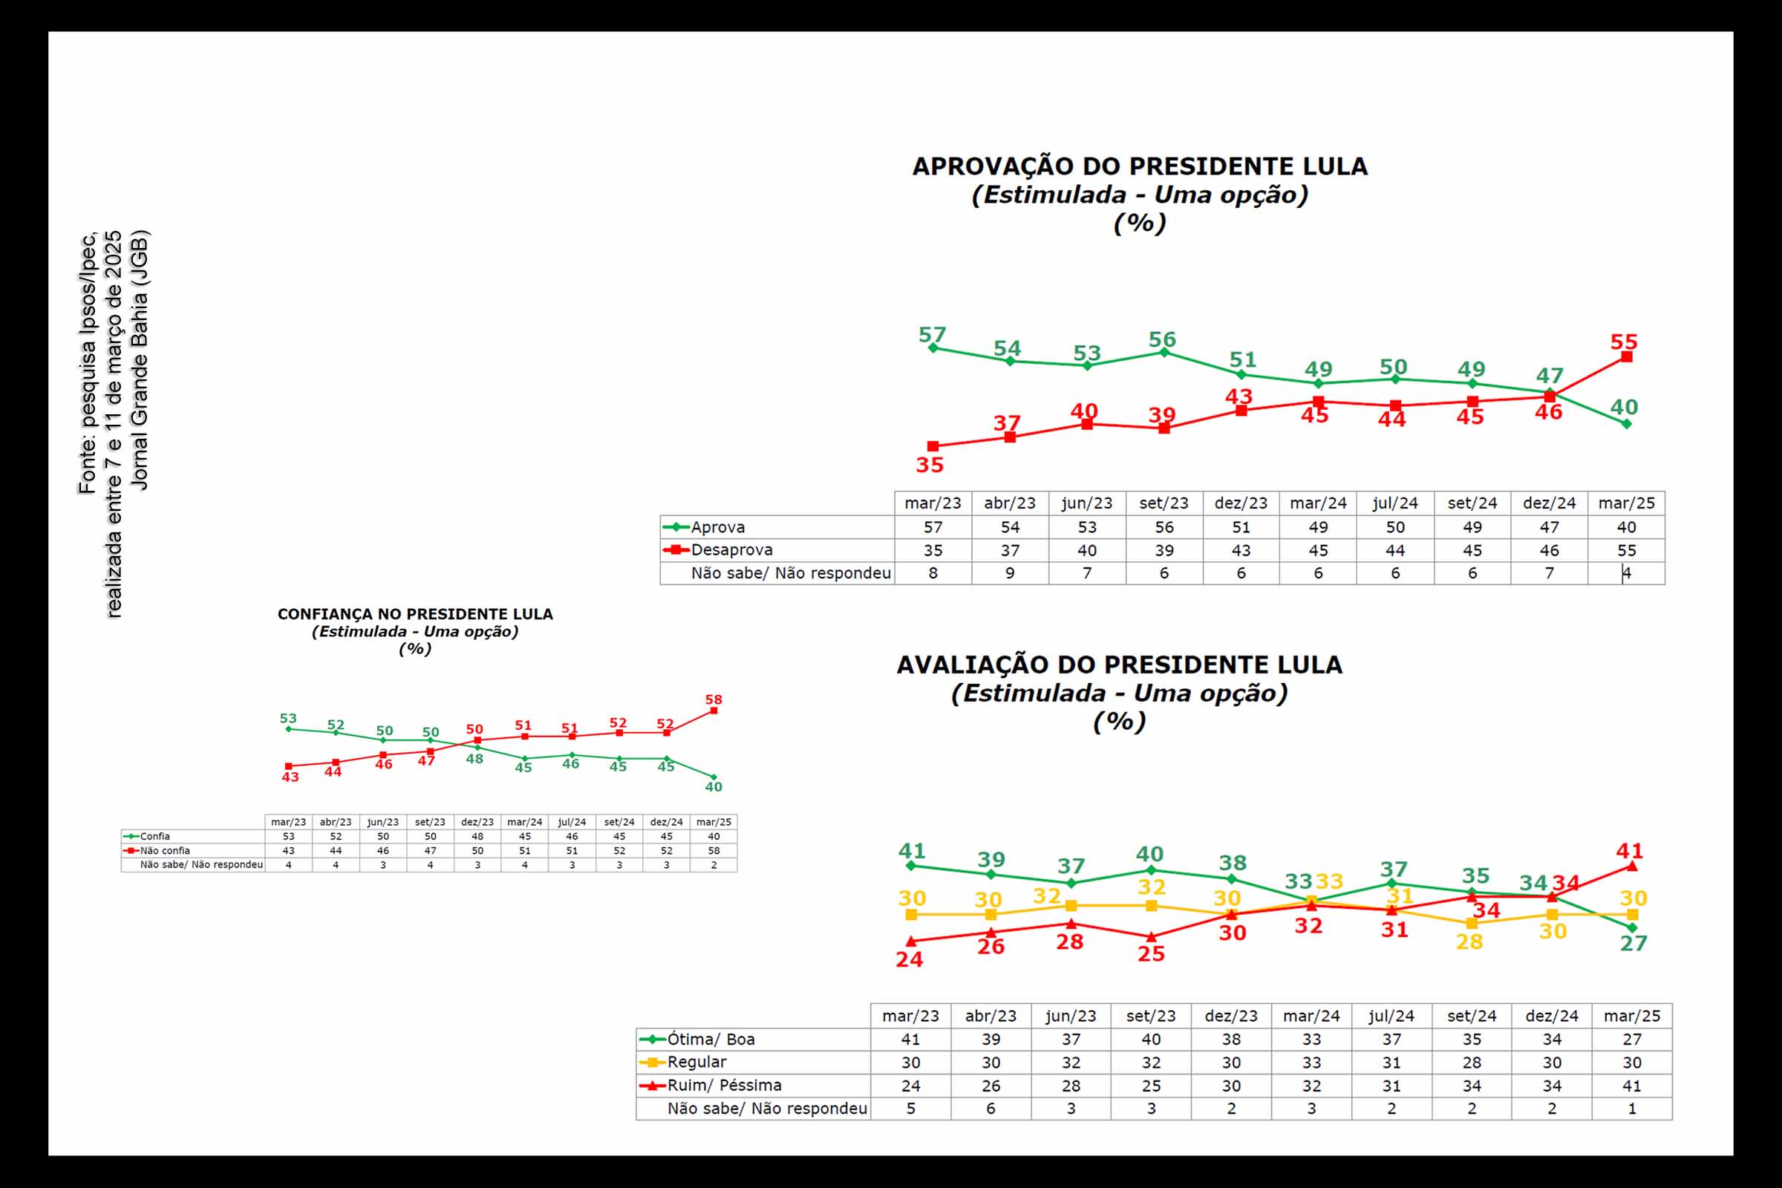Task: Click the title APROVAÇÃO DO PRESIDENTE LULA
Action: [1140, 166]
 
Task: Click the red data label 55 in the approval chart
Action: [1624, 342]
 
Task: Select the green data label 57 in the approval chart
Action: [932, 335]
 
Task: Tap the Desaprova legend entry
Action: [731, 550]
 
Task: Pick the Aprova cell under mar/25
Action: [1626, 527]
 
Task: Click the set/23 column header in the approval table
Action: [1163, 503]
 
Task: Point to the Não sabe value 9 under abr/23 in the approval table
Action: [1009, 573]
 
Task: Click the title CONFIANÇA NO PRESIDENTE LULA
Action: [415, 615]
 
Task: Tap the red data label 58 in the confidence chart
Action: [713, 699]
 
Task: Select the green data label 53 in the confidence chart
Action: [288, 718]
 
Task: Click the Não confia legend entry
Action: [164, 851]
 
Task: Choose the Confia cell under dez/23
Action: [477, 837]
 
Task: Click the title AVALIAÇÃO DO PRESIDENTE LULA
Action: [1119, 665]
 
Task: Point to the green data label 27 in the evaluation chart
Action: [1633, 943]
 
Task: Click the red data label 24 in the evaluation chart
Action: [909, 959]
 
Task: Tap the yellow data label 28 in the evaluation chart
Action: [1469, 941]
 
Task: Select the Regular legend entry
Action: [696, 1063]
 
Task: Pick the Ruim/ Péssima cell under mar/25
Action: [1631, 1086]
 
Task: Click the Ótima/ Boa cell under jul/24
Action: [1391, 1039]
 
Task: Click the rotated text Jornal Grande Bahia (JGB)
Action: [140, 361]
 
